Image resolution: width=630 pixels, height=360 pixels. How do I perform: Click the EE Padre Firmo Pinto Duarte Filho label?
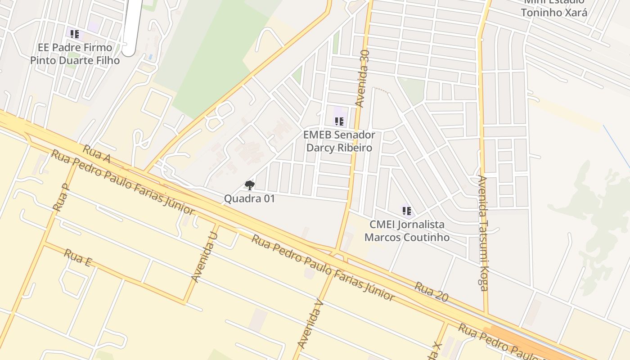pos(75,54)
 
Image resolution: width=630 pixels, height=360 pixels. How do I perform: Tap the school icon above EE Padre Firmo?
pos(75,34)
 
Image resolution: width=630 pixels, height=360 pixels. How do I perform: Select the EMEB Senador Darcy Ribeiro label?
pos(339,141)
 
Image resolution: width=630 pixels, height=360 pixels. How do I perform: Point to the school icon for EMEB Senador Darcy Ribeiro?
pos(339,121)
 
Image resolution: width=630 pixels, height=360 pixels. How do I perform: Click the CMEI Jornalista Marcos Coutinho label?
pos(407,231)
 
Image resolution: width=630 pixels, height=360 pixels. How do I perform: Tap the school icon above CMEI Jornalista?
pos(407,211)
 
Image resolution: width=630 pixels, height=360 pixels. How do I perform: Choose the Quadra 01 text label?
pos(249,198)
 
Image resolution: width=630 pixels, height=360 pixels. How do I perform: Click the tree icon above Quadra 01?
pos(249,185)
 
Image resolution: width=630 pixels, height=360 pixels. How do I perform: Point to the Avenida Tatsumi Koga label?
pos(482,233)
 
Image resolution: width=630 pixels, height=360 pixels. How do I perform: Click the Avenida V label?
pos(311,324)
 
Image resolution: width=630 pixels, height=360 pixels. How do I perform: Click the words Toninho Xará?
pos(554,12)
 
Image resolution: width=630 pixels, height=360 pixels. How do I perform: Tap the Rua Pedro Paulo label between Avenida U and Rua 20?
pos(323,267)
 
